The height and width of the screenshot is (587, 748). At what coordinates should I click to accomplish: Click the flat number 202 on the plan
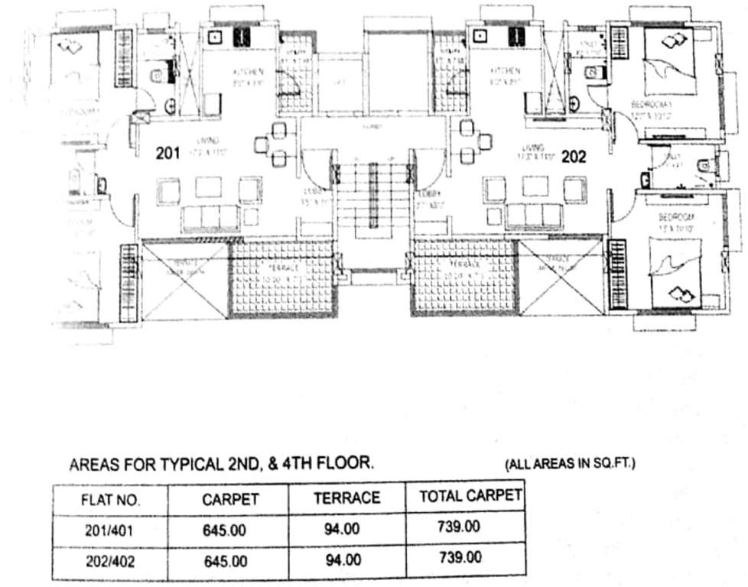click(574, 157)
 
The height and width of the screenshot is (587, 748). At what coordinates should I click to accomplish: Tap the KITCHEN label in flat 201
click(248, 73)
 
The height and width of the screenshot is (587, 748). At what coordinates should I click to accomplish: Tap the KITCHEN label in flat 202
click(506, 73)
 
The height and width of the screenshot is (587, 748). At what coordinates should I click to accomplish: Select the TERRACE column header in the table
click(346, 498)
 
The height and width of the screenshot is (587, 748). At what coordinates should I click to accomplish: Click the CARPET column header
click(231, 500)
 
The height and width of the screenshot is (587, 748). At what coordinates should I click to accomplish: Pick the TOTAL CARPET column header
click(470, 497)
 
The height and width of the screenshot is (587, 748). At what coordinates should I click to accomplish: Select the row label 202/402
click(110, 561)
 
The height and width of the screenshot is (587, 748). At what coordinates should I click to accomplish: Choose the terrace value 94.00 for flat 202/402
click(342, 559)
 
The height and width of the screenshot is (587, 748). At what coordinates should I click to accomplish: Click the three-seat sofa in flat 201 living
click(210, 218)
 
